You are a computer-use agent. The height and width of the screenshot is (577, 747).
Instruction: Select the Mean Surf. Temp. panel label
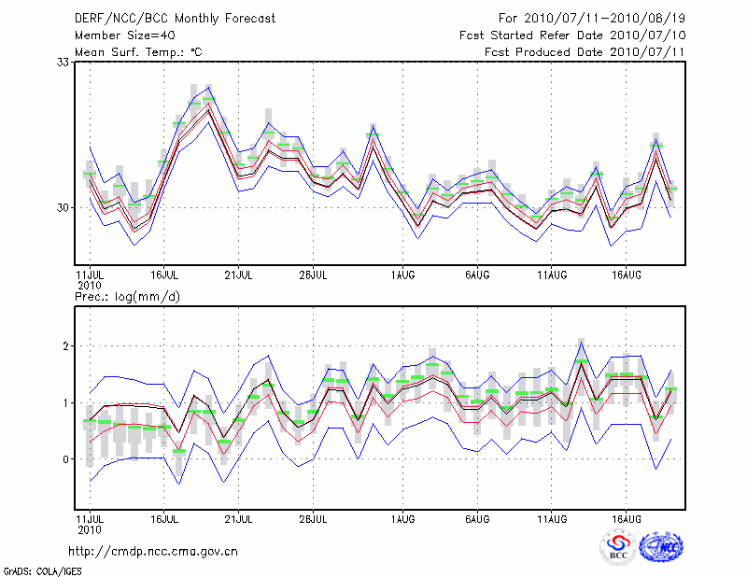click(138, 52)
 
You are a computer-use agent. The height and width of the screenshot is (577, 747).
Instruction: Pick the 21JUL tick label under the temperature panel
click(240, 275)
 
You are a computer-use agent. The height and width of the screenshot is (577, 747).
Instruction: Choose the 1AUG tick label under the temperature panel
click(402, 275)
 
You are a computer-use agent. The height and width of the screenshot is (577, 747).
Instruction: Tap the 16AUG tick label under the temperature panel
click(627, 275)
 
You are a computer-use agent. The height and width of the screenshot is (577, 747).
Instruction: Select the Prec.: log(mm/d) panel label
click(130, 296)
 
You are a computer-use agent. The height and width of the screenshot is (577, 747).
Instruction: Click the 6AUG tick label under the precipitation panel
click(477, 518)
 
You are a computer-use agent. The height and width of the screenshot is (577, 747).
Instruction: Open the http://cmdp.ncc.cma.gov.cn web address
click(153, 551)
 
